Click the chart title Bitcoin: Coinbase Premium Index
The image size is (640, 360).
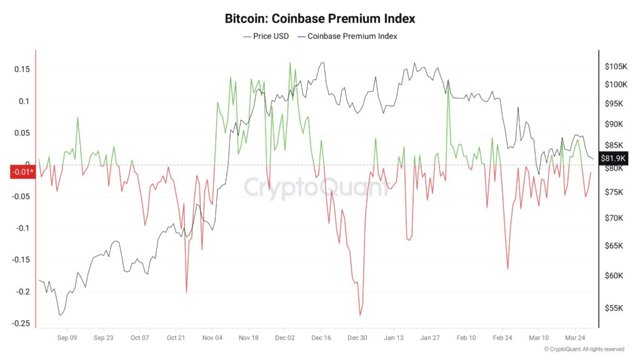pos(319,19)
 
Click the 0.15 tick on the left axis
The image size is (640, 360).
pos(22,69)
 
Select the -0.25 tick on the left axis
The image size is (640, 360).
pos(21,323)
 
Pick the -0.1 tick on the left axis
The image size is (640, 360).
pos(22,228)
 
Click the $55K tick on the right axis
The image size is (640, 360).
pos(614,308)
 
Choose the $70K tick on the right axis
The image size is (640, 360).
pos(614,218)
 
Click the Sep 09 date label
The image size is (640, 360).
pos(67,337)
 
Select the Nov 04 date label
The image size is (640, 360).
pos(212,337)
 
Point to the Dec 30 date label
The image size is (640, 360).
pos(357,337)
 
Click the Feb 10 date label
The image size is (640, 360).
pos(466,337)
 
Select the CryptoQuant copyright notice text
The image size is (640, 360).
pos(584,349)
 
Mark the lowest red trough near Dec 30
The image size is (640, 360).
pos(361,315)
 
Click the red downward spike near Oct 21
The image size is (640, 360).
pos(186,292)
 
